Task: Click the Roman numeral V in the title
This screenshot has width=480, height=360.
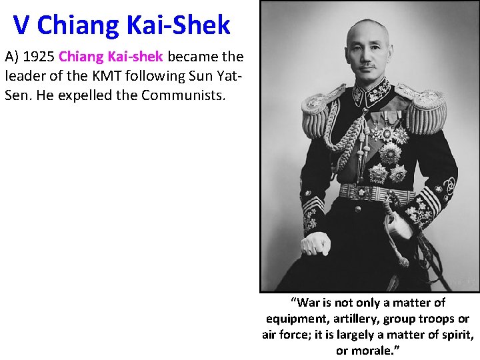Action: pos(21,25)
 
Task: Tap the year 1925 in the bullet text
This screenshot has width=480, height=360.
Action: pos(40,57)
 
